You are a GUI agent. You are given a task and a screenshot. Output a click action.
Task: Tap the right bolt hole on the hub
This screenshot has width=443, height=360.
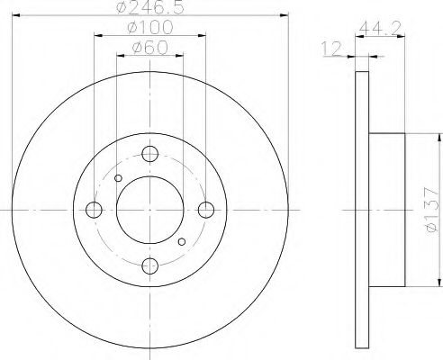(x=207, y=211)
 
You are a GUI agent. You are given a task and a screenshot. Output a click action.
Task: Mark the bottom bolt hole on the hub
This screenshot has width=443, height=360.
(x=150, y=266)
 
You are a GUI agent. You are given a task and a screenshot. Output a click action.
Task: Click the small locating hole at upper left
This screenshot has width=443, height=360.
(x=119, y=179)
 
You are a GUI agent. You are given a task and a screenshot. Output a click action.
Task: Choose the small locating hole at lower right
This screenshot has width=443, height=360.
(x=182, y=241)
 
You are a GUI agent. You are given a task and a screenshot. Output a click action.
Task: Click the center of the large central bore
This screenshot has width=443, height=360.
(x=150, y=211)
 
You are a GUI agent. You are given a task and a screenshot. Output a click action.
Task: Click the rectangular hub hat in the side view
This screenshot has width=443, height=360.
(x=389, y=211)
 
